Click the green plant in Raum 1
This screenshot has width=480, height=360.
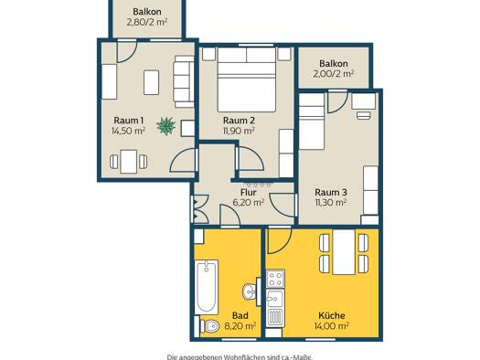coord(165,126)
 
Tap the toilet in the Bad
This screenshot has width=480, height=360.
coord(209,326)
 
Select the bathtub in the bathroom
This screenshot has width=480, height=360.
coord(207,287)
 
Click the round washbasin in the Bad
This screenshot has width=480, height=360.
coord(250,291)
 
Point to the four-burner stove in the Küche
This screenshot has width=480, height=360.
coord(275,279)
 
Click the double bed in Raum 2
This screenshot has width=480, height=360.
coord(247,79)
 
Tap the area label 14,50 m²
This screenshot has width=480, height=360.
coord(128,132)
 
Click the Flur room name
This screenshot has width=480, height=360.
coord(249,193)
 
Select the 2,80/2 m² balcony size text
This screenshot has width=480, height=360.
coord(147,22)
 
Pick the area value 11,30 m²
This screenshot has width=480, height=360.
coord(331,203)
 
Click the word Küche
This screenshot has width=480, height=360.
coord(332,315)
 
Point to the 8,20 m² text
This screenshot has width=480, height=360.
coord(240,326)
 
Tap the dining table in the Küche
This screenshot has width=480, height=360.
coord(344,252)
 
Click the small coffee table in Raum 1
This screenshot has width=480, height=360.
coord(151,82)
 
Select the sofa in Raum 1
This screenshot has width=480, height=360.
coord(184,81)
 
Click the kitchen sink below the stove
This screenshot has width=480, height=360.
coord(275,299)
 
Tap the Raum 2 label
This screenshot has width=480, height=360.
coord(239,121)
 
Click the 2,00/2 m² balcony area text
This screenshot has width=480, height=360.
coord(334,74)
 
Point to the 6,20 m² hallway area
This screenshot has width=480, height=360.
coord(249,203)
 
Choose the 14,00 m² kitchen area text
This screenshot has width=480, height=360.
coord(332,326)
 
